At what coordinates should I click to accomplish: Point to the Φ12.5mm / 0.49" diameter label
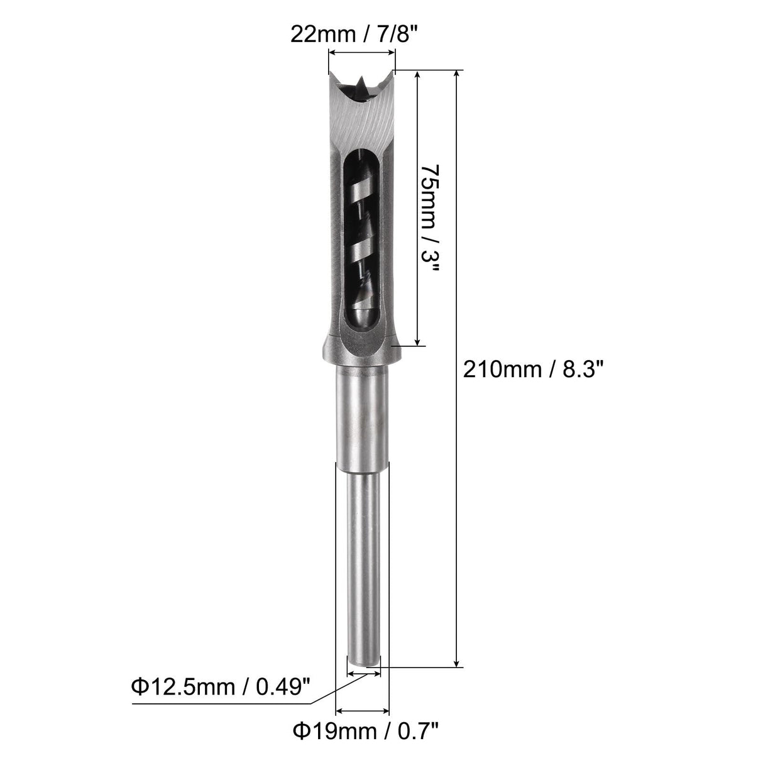click(221, 686)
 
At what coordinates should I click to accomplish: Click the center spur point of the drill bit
click(361, 82)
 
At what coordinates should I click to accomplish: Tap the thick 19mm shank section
click(363, 415)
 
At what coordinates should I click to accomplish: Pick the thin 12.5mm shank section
click(363, 566)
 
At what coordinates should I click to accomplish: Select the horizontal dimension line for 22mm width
click(361, 55)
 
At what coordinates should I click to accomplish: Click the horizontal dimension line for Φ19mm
click(363, 711)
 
